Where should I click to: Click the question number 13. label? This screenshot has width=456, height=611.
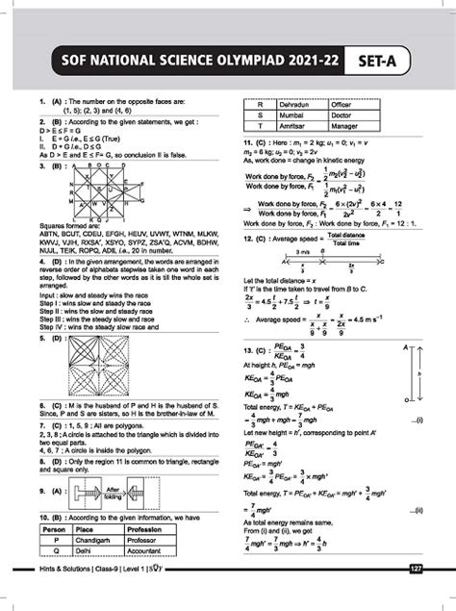click(247, 348)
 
